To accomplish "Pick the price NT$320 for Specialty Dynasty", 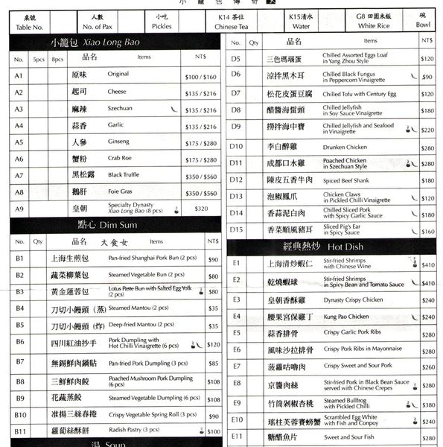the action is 201,209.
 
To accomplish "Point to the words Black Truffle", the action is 125,175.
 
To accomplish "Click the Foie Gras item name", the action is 121,192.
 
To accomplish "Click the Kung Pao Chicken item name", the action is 347,317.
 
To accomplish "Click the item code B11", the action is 20,430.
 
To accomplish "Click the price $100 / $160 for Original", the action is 200,76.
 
